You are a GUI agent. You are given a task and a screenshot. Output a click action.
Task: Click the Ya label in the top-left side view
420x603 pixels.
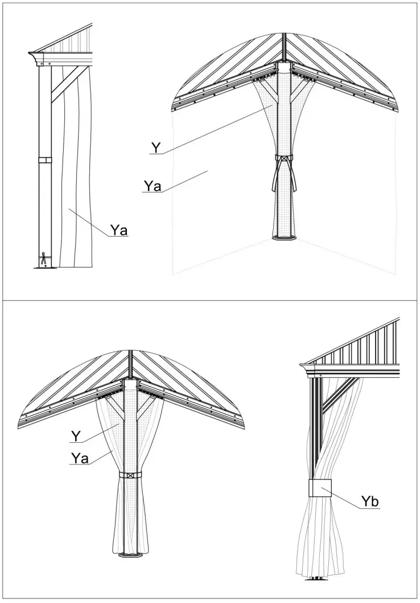coord(118,230)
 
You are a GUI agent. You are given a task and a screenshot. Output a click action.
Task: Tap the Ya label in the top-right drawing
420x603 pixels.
coord(153,186)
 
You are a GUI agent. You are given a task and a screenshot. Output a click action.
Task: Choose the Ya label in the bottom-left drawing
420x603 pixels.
coord(80,458)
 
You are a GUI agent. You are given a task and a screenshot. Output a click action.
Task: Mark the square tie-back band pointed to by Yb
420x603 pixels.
coord(320,488)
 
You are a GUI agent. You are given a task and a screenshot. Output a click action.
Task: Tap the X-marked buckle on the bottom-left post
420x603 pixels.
coord(131,475)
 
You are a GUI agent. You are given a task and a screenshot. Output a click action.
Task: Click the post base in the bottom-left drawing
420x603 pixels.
coord(131,555)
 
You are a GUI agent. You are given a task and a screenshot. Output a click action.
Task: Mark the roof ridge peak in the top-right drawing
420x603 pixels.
coord(283,35)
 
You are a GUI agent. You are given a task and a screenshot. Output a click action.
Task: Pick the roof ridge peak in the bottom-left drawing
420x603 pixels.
coord(131,352)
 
